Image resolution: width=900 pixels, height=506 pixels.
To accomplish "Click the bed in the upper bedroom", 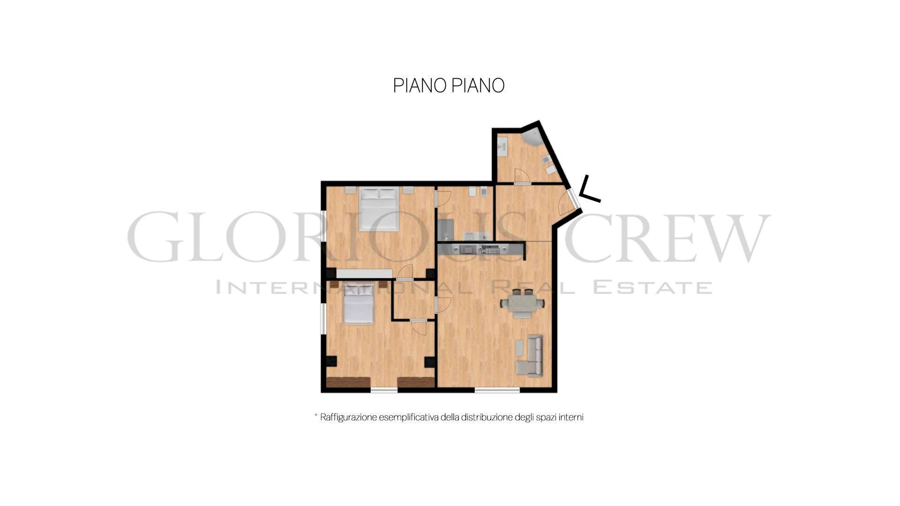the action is (379, 209).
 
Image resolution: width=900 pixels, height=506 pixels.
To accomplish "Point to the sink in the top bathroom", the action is (502, 147).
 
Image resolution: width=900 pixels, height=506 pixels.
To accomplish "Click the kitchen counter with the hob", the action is (480, 249).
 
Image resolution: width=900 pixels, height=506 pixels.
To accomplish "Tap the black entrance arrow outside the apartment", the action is (589, 190).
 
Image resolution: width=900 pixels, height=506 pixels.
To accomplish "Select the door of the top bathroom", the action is (522, 177).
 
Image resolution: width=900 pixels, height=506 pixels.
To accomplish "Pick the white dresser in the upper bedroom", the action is (364, 274).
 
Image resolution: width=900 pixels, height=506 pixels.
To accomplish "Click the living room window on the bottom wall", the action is (497, 390).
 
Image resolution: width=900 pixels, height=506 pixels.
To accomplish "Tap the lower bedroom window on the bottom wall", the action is (384, 390).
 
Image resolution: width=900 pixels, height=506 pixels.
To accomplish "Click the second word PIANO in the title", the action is (478, 86).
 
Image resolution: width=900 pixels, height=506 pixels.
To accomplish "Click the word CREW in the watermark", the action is (667, 237).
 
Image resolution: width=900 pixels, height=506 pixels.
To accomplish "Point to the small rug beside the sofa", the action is (519, 348).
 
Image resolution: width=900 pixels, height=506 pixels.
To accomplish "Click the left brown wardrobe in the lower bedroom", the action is (348, 382).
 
